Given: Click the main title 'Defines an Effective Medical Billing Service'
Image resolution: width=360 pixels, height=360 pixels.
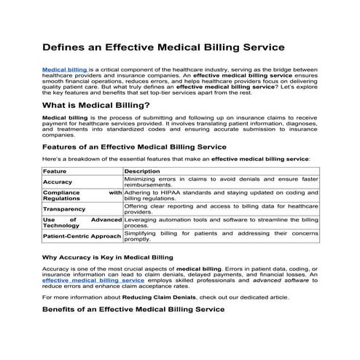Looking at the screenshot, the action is click(x=163, y=48).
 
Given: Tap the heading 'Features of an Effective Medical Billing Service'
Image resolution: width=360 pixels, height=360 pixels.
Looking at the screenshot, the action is click(x=135, y=146).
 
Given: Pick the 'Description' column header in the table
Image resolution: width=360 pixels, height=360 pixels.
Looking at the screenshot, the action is click(x=142, y=171).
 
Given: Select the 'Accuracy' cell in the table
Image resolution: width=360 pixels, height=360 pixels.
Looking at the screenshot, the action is click(x=58, y=181).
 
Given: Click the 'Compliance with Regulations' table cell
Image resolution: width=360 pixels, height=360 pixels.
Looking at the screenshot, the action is click(x=82, y=195).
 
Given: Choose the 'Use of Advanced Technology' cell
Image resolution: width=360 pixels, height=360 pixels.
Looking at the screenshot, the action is click(x=82, y=222).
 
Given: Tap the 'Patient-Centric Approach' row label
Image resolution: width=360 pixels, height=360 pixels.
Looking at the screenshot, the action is click(x=82, y=236).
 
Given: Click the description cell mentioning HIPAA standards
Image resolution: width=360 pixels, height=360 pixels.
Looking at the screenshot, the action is click(x=221, y=195).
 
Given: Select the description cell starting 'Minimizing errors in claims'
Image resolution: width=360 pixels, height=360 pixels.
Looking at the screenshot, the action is click(x=221, y=181).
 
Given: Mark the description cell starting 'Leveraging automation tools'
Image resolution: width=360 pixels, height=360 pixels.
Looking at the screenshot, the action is click(x=221, y=222).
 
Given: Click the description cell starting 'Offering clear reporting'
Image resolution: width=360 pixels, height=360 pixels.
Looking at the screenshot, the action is click(x=221, y=208).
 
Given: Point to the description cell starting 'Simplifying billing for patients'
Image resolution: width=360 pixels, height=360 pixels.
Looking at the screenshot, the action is click(x=221, y=236).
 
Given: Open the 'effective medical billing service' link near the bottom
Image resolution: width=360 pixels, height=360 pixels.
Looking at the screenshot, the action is click(x=93, y=280).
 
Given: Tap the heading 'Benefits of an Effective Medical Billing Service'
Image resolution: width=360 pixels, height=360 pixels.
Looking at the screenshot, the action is click(x=133, y=310).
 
